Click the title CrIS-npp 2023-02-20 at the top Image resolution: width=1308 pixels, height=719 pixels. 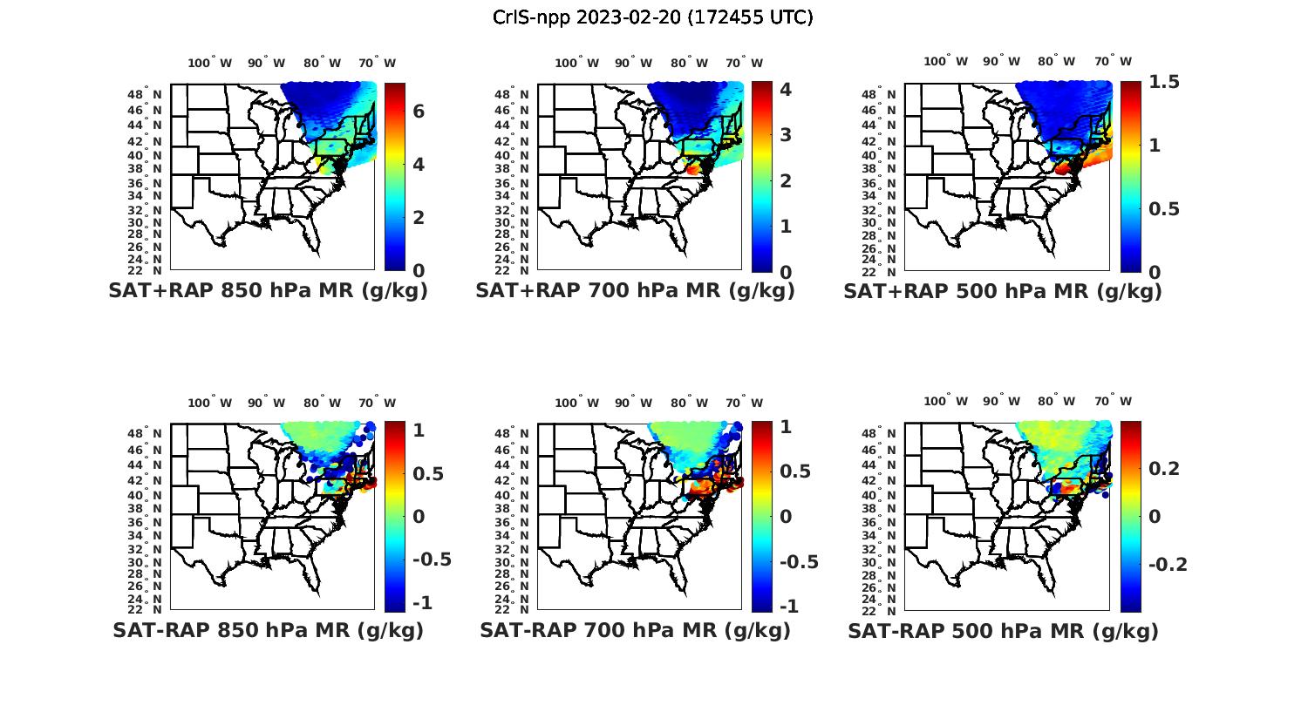click(652, 17)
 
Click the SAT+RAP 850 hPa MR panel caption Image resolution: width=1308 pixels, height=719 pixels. click(268, 291)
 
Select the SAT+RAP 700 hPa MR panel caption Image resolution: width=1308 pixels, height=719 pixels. click(635, 291)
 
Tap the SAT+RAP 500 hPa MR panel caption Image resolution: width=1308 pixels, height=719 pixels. click(1003, 291)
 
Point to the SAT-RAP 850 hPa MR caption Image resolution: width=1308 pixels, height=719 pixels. click(268, 630)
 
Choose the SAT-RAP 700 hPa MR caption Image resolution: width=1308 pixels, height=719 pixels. click(635, 630)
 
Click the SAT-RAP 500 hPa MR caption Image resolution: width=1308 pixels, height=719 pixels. click(1003, 630)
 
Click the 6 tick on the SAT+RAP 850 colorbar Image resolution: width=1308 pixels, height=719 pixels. click(419, 112)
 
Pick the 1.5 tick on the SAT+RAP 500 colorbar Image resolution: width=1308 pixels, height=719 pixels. click(1165, 82)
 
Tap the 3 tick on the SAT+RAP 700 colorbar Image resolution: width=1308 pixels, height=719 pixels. click(785, 134)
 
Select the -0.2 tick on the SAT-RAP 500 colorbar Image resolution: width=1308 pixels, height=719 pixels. click(1168, 564)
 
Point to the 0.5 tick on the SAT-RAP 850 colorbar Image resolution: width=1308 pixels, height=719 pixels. click(428, 473)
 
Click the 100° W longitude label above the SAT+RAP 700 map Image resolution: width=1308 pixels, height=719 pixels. click(576, 63)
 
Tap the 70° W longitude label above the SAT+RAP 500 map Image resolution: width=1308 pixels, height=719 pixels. click(1113, 62)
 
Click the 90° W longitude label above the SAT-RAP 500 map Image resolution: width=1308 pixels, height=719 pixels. click(999, 402)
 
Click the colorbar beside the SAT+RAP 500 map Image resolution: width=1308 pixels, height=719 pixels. click(1130, 176)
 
